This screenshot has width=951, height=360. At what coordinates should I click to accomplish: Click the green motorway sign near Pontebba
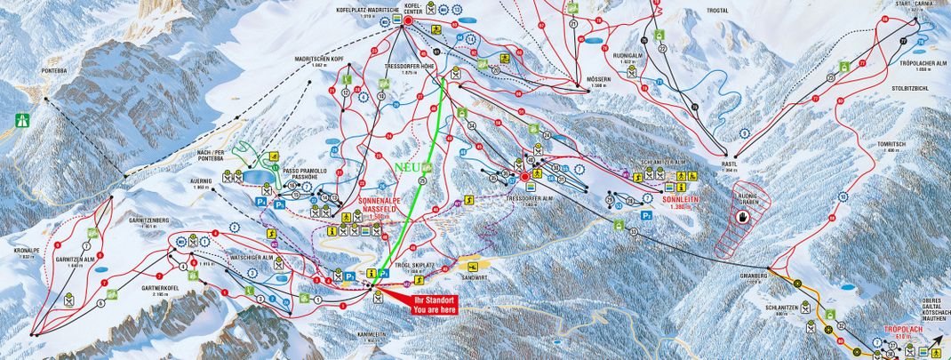21,121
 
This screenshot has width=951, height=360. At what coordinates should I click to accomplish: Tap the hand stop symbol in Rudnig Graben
742,216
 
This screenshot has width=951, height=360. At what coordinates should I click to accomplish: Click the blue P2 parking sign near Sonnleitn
647,215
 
